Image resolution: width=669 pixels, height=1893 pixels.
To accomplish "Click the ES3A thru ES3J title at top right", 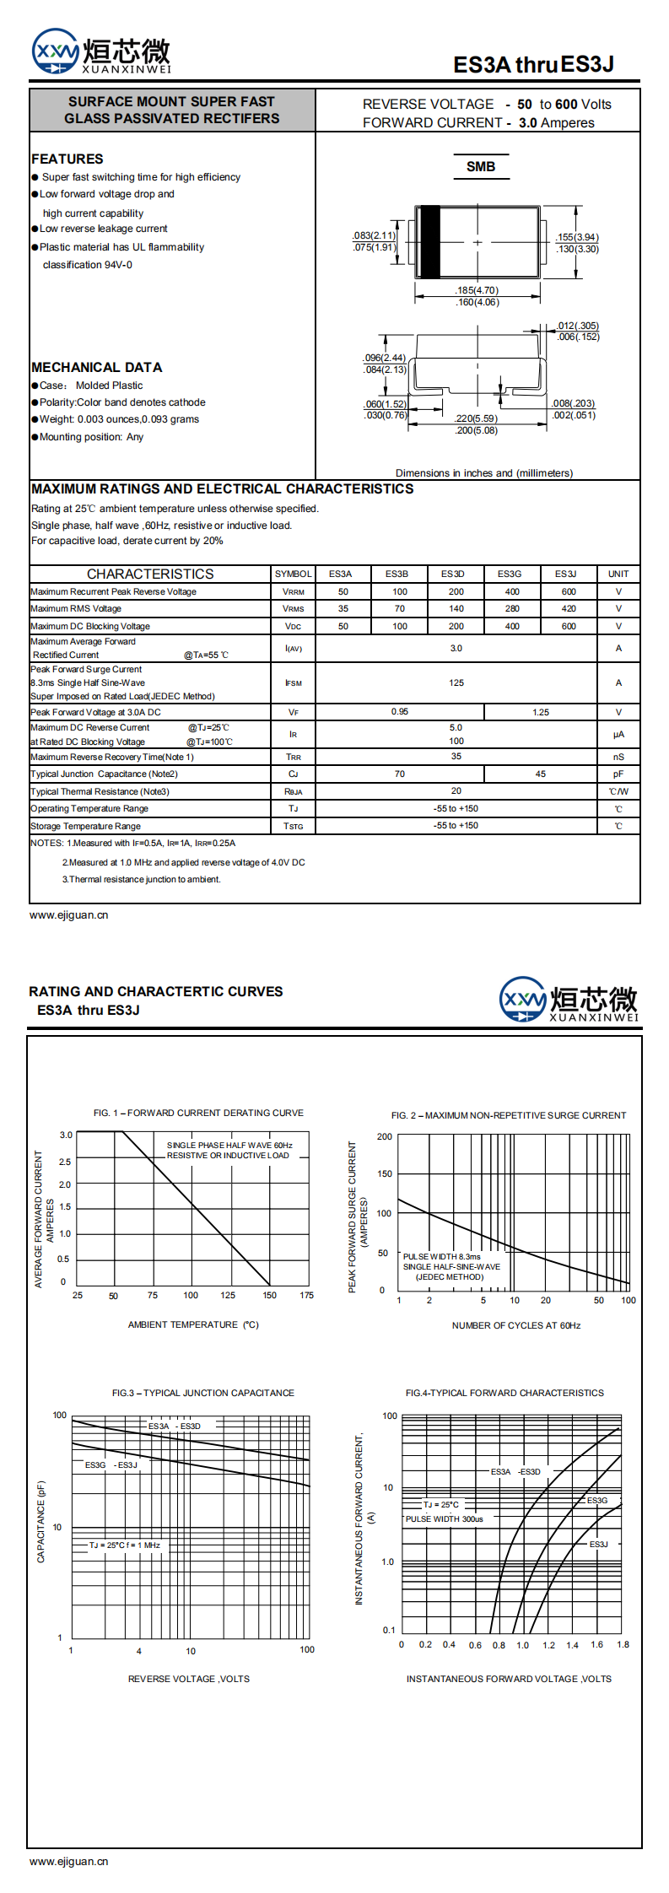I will coord(533,64).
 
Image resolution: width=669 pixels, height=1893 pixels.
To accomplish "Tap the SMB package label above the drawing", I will coord(481,167).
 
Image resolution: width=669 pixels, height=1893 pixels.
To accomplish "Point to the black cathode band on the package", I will coord(430,241).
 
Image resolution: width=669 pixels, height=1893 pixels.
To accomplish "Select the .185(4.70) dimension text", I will coord(477,290).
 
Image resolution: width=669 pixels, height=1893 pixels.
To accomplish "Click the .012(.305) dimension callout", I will coord(578,326).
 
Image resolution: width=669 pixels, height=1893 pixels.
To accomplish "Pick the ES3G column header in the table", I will coord(510,574).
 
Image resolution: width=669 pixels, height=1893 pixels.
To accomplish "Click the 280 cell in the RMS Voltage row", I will coord(512,608).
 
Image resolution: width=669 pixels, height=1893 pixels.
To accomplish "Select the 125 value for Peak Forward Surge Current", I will coord(456,682).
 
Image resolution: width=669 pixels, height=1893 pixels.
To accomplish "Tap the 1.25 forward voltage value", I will coord(541,712).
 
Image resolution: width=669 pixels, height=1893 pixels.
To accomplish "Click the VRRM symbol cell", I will coord(293,592).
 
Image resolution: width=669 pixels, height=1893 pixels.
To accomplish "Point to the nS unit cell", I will coord(618,757).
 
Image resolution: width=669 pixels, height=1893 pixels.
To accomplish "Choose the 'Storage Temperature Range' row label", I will coord(85,826).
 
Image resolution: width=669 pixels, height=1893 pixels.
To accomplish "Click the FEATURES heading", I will coord(67,159).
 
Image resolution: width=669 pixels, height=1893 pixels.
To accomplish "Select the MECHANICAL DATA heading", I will coord(96,367).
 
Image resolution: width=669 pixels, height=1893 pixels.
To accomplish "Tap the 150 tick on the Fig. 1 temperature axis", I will coord(269,1295).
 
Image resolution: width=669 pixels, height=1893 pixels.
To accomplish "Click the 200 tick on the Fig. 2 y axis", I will coord(385,1136).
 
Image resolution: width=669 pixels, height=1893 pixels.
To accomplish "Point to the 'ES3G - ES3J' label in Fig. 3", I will coord(111,1464).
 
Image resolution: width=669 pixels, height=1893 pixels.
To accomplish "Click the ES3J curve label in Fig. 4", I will coord(598,1544).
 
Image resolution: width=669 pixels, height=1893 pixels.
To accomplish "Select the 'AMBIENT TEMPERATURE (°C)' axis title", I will coord(193,1324).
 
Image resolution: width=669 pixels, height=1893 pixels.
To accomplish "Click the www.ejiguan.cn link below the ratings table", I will coord(68,914).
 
